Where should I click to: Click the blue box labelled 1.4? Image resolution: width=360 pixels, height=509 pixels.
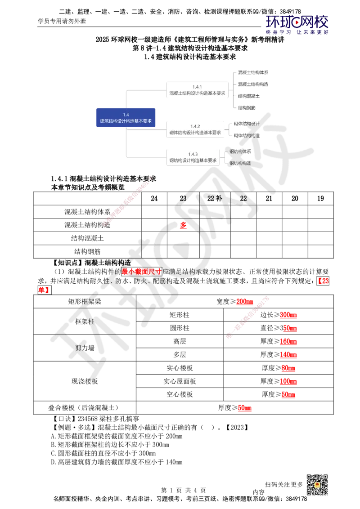point(126,118)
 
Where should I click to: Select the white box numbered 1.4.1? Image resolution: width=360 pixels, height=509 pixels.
point(198,90)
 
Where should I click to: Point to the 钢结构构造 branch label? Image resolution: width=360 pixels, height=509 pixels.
point(240,163)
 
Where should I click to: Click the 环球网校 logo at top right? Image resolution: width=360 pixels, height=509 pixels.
point(297,25)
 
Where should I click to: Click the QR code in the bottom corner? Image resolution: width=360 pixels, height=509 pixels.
point(316,485)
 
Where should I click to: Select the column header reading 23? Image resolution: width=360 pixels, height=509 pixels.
point(183,198)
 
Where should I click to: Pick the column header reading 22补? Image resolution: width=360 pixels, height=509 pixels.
point(215,198)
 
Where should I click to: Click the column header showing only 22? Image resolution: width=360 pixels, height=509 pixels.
point(243,198)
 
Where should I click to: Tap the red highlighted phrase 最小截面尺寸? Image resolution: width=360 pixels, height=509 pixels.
point(141,271)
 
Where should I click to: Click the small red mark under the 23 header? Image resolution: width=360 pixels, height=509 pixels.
point(183,225)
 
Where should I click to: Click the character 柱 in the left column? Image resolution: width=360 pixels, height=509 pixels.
point(91,321)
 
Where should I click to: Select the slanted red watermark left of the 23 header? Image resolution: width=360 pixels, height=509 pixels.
point(127,201)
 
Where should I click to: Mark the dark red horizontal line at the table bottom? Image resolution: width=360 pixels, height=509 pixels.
point(288,411)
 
